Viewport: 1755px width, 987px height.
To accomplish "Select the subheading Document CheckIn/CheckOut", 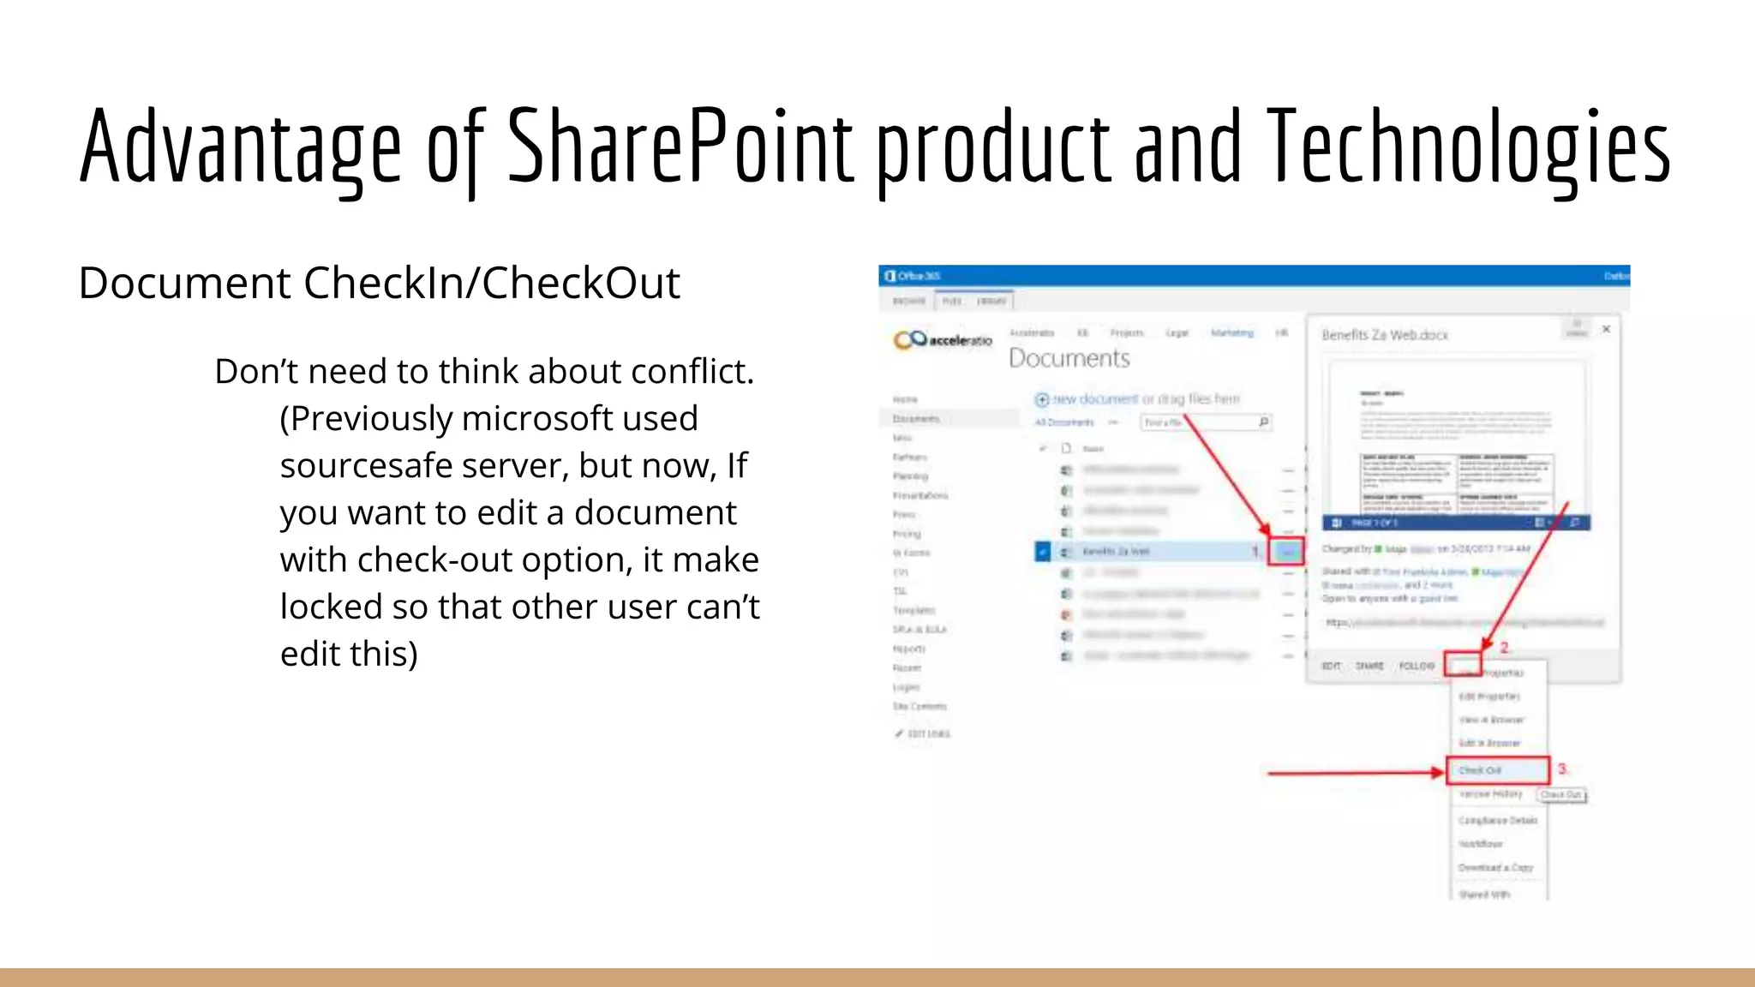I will click(379, 283).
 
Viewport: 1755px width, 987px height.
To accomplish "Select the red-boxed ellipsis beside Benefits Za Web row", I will click(1286, 552).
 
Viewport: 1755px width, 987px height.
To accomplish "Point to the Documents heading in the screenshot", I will click(1069, 358).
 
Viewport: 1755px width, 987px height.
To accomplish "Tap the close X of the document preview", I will click(1607, 329).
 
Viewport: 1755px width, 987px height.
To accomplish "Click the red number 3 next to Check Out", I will click(1562, 769).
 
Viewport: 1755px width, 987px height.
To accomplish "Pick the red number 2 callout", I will click(1504, 648).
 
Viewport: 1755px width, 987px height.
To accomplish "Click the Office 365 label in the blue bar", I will click(913, 276).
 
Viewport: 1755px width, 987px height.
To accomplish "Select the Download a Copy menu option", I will click(1495, 868).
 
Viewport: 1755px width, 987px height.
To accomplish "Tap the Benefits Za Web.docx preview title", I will click(1385, 335).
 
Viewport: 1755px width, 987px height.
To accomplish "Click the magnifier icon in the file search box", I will click(1263, 422).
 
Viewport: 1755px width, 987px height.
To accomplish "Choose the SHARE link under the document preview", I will click(1369, 666).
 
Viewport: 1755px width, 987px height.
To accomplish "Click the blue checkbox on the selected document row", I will click(1042, 552).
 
